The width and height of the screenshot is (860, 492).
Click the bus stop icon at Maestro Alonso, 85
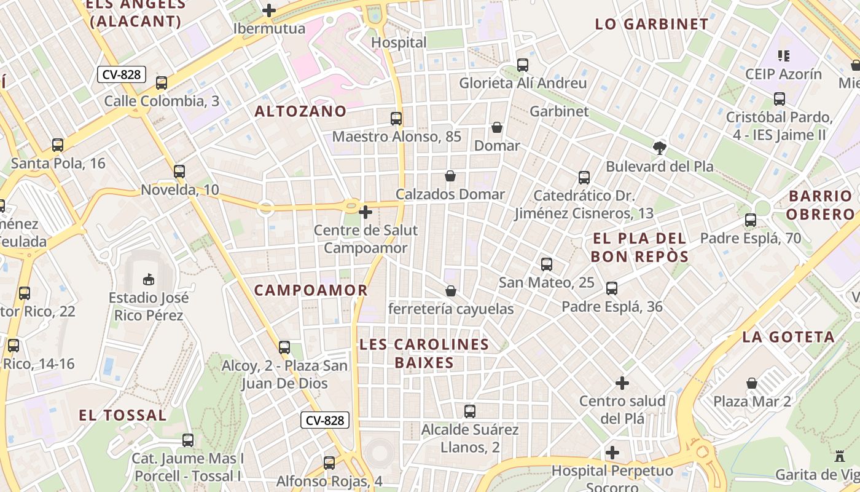pyautogui.click(x=396, y=119)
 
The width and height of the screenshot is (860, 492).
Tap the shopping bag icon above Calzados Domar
pyautogui.click(x=450, y=177)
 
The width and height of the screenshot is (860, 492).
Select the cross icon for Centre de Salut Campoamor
pyautogui.click(x=365, y=213)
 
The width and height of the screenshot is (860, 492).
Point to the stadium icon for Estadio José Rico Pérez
pyautogui.click(x=149, y=280)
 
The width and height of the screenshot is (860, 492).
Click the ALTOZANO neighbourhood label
pyautogui.click(x=300, y=111)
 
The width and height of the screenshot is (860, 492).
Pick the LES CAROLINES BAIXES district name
pyautogui.click(x=424, y=354)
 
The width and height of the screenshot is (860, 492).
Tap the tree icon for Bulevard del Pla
pyautogui.click(x=660, y=148)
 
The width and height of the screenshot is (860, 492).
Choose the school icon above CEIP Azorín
pyautogui.click(x=783, y=56)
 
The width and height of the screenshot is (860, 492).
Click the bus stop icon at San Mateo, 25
pyautogui.click(x=547, y=264)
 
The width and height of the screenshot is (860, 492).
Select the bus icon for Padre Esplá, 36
pyautogui.click(x=612, y=288)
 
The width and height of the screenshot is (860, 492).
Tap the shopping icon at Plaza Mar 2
pyautogui.click(x=752, y=383)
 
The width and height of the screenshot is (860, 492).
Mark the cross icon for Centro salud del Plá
pyautogui.click(x=622, y=383)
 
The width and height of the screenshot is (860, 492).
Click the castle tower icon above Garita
pyautogui.click(x=840, y=456)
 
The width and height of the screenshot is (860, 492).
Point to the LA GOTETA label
pyautogui.click(x=788, y=337)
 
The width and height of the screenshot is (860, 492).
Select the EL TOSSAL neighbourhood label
pyautogui.click(x=123, y=415)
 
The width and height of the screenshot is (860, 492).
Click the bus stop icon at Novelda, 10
pyautogui.click(x=179, y=172)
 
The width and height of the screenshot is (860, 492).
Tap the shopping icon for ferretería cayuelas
pyautogui.click(x=451, y=290)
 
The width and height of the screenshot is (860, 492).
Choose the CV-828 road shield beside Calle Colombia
pyautogui.click(x=122, y=75)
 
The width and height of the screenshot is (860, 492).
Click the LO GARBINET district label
pyautogui.click(x=652, y=25)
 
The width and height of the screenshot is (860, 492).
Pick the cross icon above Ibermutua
pyautogui.click(x=269, y=10)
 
